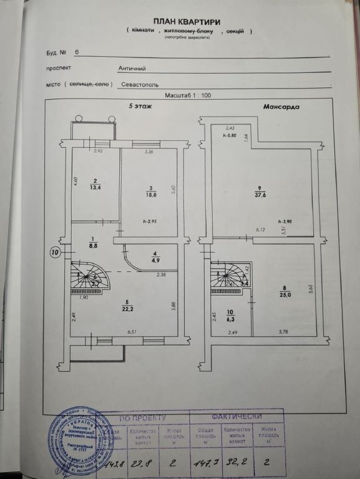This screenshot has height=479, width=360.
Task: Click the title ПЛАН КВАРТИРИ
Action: (x=188, y=21)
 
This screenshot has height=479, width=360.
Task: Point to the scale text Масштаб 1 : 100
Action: (x=189, y=95)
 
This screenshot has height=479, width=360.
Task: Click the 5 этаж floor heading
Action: (x=140, y=107)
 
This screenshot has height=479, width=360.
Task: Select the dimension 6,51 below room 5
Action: (x=132, y=331)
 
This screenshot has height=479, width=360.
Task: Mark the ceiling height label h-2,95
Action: (x=149, y=221)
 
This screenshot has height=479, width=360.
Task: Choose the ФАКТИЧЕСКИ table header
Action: (x=236, y=416)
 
